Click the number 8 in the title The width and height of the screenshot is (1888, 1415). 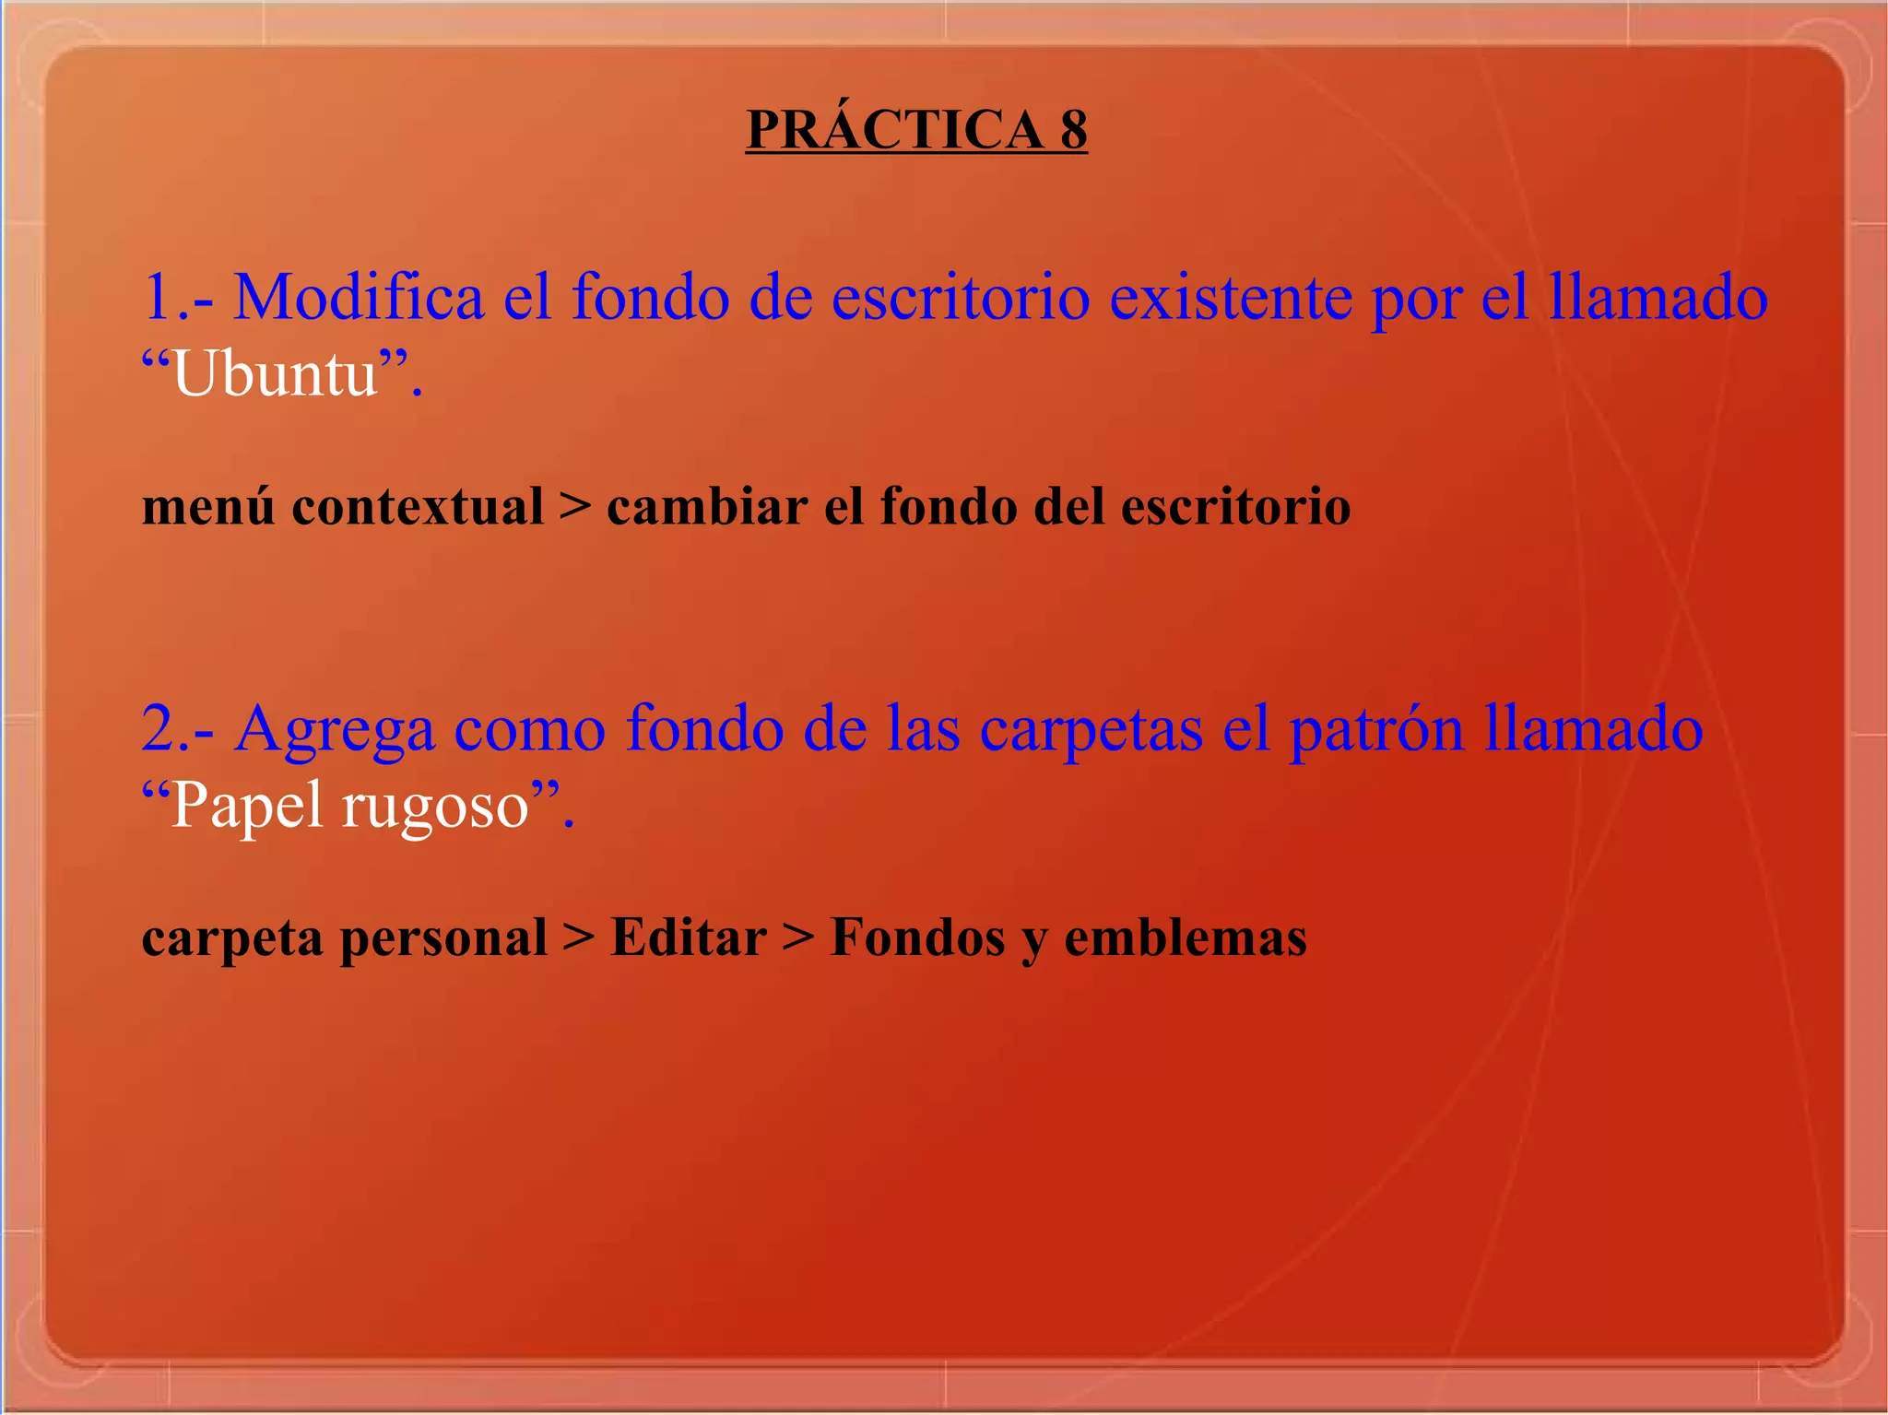coord(1073,130)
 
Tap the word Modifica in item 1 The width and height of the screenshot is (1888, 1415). coord(359,297)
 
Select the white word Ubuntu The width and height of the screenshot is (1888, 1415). coord(275,375)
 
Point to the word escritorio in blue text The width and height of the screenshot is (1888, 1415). coord(961,297)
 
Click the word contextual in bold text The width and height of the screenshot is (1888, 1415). coord(418,507)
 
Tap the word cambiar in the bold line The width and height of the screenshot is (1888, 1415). coord(707,507)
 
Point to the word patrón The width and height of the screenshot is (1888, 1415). coord(1376,728)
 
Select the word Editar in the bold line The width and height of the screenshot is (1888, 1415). coord(688,937)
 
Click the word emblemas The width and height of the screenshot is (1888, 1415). coord(1186,937)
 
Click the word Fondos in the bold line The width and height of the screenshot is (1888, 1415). coord(917,937)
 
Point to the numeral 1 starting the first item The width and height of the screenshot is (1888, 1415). coord(159,297)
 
